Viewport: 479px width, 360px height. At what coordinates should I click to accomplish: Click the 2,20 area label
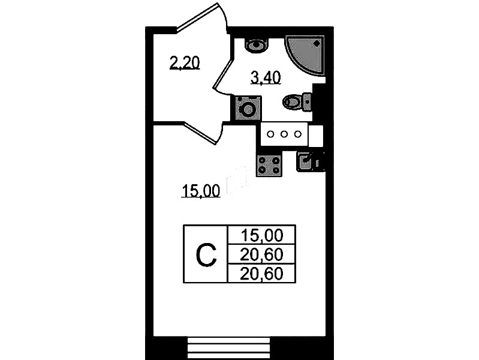pyautogui.click(x=185, y=63)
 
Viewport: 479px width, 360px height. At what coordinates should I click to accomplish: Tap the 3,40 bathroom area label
pyautogui.click(x=266, y=77)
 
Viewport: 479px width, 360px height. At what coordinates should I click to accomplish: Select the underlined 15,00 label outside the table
pyautogui.click(x=201, y=191)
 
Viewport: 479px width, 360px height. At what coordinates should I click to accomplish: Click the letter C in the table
pyautogui.click(x=206, y=255)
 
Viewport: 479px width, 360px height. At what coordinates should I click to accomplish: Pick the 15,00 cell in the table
pyautogui.click(x=262, y=235)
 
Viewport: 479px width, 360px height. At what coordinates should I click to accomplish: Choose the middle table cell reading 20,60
pyautogui.click(x=262, y=254)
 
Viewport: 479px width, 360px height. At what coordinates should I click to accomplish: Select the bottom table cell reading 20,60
pyautogui.click(x=262, y=274)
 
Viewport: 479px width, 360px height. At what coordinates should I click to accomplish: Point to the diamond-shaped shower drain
pyautogui.click(x=317, y=44)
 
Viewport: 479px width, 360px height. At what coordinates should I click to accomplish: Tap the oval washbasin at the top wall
pyautogui.click(x=257, y=45)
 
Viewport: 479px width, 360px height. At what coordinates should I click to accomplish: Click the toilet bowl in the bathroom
pyautogui.click(x=292, y=101)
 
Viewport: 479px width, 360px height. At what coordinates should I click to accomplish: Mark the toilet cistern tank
pyautogui.click(x=307, y=101)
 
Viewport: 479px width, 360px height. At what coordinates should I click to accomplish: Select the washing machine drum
pyautogui.click(x=248, y=109)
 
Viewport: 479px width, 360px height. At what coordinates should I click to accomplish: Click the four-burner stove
pyautogui.click(x=269, y=165)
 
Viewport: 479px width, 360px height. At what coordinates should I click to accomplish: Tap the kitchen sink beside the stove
pyautogui.click(x=305, y=162)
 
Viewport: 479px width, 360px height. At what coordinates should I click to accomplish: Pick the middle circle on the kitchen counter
pyautogui.click(x=284, y=134)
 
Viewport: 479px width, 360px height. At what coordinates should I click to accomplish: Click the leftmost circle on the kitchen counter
pyautogui.click(x=270, y=134)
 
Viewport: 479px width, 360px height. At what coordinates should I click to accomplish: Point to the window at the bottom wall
pyautogui.click(x=228, y=348)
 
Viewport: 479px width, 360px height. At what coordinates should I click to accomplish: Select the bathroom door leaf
pyautogui.click(x=222, y=73)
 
